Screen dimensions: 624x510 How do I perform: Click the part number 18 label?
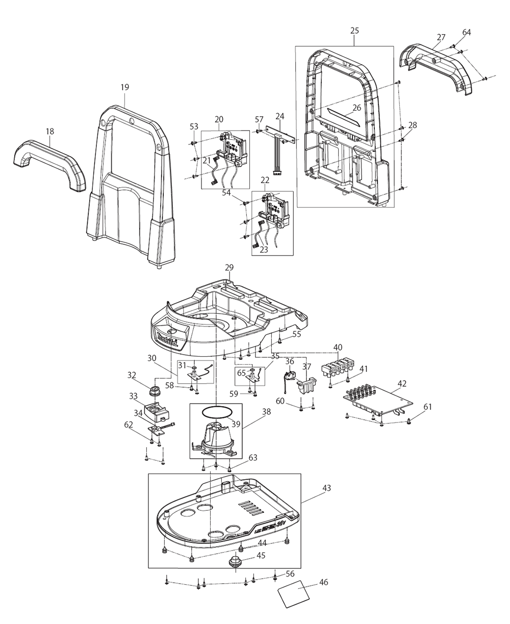[49, 132]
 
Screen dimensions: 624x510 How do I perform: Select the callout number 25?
[355, 31]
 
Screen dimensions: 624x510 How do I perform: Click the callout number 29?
[229, 268]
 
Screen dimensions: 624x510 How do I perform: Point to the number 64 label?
[467, 32]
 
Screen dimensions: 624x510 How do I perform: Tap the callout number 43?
[326, 488]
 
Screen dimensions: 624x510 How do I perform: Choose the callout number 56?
[290, 574]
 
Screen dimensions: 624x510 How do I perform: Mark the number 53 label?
[194, 126]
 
